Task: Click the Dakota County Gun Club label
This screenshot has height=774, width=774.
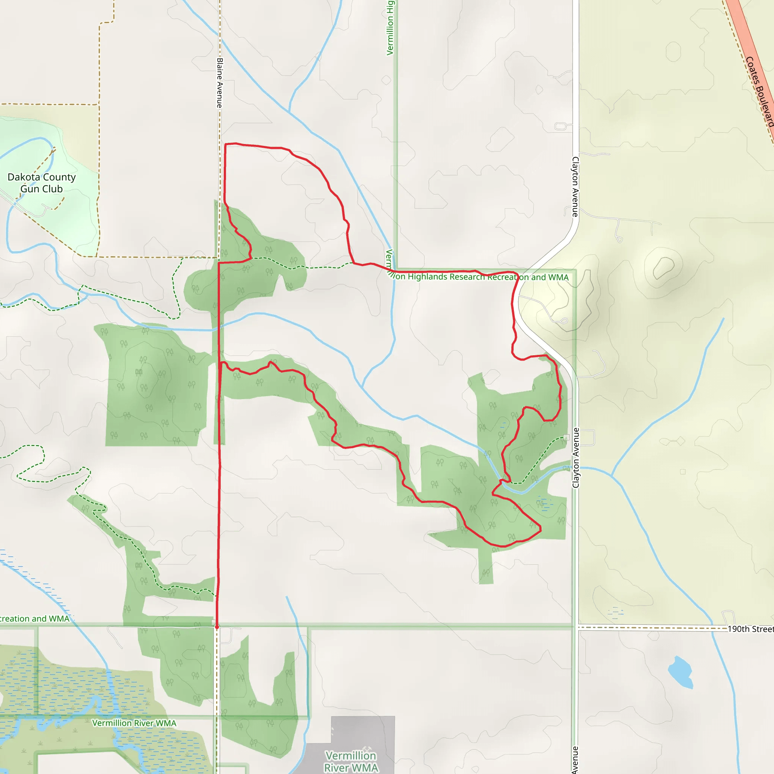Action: click(41, 183)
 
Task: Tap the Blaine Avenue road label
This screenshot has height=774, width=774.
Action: click(220, 82)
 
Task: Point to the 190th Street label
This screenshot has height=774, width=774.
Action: click(750, 628)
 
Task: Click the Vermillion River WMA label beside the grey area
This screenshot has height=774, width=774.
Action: click(351, 761)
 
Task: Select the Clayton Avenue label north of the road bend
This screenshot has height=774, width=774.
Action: click(575, 187)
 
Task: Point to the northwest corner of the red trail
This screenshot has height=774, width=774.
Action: click(226, 144)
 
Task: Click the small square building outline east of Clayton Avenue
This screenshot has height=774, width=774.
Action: click(683, 472)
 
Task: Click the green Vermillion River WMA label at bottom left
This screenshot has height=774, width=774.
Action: click(134, 723)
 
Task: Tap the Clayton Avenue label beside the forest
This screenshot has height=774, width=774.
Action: click(576, 458)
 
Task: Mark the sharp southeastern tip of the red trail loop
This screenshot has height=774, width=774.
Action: click(540, 529)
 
